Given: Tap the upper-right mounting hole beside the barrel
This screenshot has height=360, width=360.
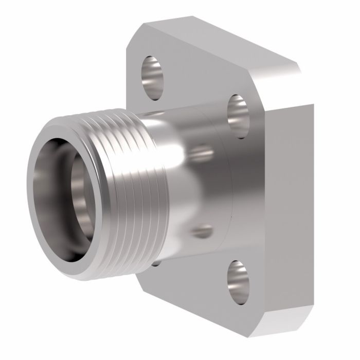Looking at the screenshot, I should click(238, 116).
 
